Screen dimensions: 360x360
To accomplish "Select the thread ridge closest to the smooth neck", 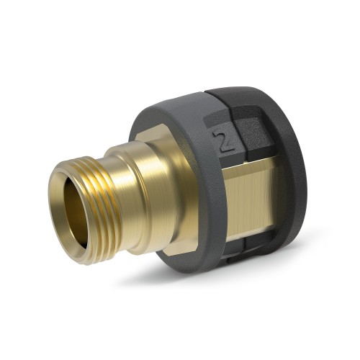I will (x=108, y=162).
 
